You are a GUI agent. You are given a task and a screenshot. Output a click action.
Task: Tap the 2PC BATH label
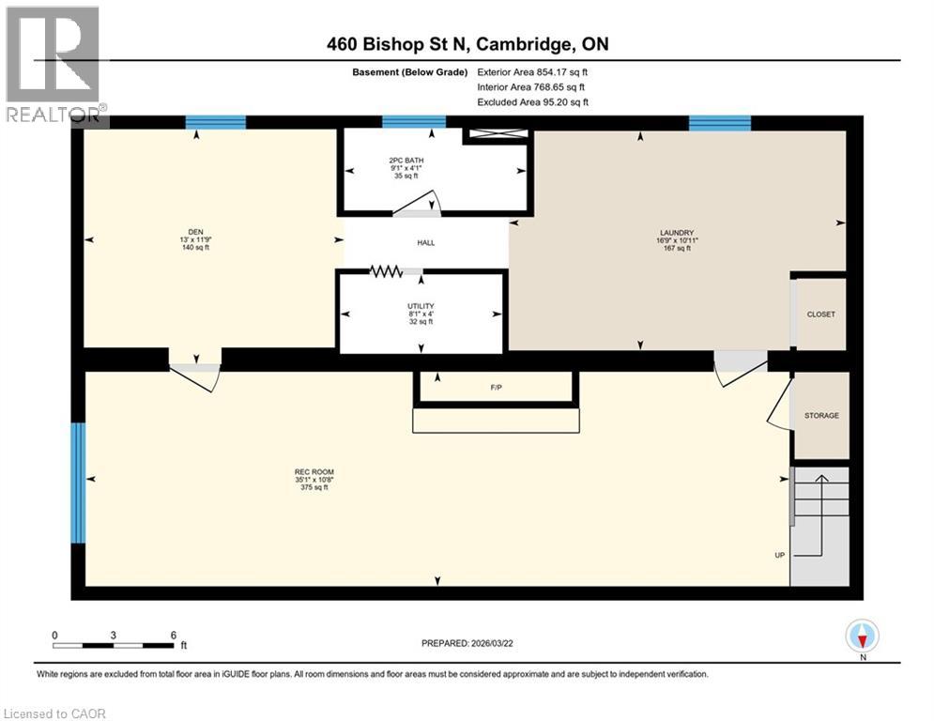pos(406,161)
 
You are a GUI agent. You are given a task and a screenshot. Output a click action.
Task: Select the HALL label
pos(426,243)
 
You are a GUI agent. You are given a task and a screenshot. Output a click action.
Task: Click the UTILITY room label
pos(421,306)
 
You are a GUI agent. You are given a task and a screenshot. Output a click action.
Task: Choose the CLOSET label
pos(820,314)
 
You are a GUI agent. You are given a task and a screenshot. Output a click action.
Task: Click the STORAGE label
pos(821,415)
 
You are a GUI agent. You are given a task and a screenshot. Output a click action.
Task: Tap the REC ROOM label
pos(314,472)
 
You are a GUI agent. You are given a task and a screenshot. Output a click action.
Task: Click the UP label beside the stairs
pos(779,555)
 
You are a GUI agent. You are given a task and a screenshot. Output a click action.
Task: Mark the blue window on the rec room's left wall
pos(78,483)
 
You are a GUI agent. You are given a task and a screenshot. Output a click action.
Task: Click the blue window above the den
pos(215,122)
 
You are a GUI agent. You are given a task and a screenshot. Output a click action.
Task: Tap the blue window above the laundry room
pos(719,122)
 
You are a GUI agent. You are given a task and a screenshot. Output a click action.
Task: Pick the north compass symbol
pos(861,637)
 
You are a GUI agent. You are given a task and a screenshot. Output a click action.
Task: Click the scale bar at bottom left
pos(114,645)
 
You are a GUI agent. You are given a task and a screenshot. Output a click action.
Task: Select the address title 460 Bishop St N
pos(461,44)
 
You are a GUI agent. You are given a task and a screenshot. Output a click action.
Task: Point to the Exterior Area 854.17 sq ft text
pos(532,71)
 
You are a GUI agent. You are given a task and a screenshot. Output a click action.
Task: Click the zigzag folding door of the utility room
pos(385,271)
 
